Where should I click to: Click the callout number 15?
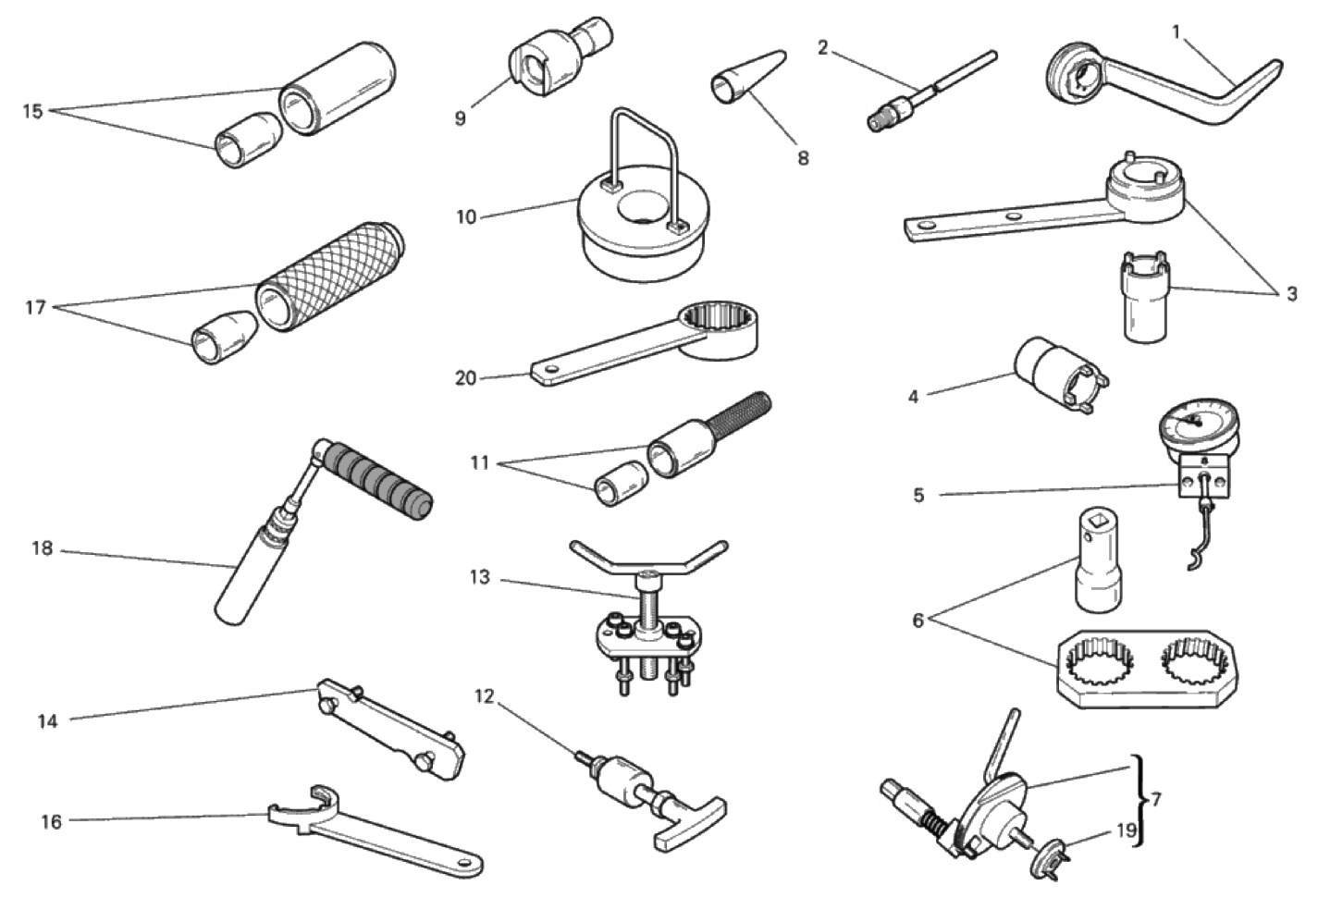[33, 111]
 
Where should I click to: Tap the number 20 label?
[466, 378]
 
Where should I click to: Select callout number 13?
[480, 577]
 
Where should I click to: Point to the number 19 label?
[1127, 830]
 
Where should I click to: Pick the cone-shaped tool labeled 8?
[748, 79]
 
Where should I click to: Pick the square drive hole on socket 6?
[1097, 523]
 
